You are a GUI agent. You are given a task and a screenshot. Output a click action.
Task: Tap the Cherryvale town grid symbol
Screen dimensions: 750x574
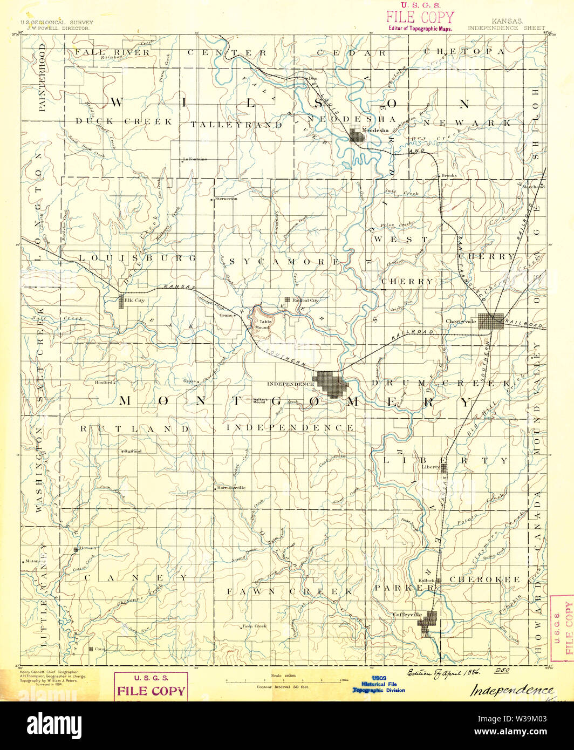491,321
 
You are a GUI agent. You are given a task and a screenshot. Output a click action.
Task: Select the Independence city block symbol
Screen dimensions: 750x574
331,384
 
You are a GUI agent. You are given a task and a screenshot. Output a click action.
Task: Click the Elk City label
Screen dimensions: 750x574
134,300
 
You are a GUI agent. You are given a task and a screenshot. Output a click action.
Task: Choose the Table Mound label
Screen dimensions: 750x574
262,324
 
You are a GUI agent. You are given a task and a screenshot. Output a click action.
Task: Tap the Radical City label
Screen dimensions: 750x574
305,300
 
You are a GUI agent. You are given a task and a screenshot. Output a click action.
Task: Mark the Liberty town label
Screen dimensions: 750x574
431,467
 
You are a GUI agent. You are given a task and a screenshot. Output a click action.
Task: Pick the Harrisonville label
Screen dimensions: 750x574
231,487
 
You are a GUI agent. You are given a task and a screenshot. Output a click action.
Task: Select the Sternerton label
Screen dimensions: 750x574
226,199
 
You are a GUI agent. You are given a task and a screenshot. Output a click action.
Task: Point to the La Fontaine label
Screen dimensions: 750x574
195,159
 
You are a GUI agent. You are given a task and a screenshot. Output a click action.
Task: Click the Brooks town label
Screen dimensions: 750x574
449,175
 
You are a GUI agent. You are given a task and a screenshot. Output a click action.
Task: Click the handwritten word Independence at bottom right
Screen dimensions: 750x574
512,690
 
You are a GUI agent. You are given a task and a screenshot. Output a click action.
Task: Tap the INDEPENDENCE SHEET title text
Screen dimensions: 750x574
506,28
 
